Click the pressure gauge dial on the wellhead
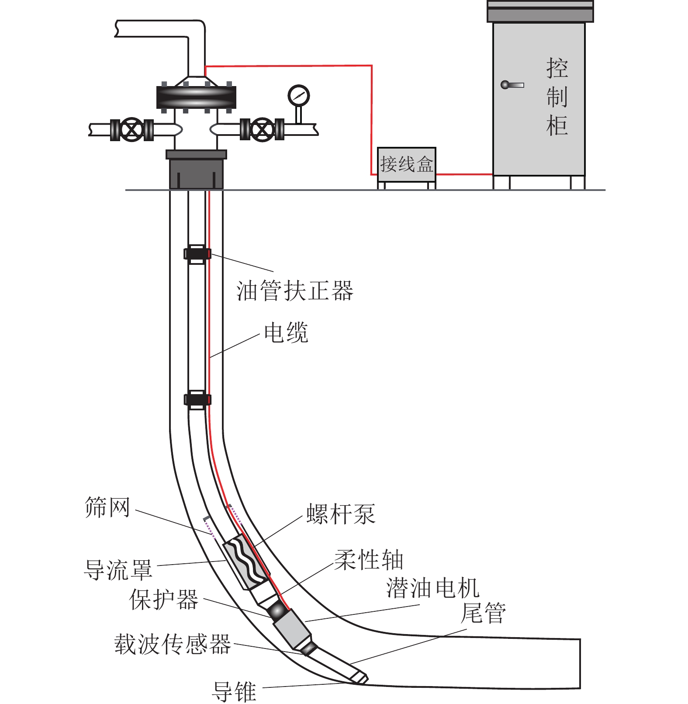[x=299, y=95]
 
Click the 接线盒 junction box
[x=406, y=165]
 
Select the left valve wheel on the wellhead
[x=131, y=130]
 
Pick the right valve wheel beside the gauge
[x=262, y=130]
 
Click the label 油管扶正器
[x=294, y=291]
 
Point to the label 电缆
[x=286, y=333]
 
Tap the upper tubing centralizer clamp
[x=197, y=254]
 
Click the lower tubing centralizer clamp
[x=197, y=399]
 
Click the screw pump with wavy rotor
[x=246, y=562]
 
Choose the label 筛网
[x=107, y=507]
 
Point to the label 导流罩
[x=118, y=570]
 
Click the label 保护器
[x=164, y=600]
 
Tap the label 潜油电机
[x=432, y=588]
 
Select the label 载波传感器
[x=173, y=645]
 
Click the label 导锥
[x=234, y=691]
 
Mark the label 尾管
[x=484, y=613]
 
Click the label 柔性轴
[x=369, y=560]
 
